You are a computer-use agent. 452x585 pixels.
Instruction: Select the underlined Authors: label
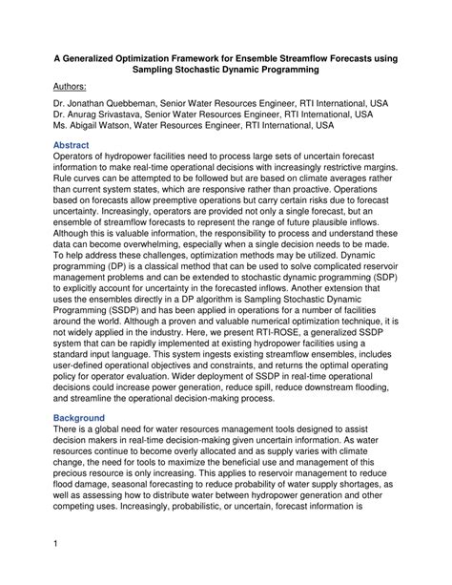pyautogui.click(x=74, y=86)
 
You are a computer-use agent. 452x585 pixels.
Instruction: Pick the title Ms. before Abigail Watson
pyautogui.click(x=60, y=124)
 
